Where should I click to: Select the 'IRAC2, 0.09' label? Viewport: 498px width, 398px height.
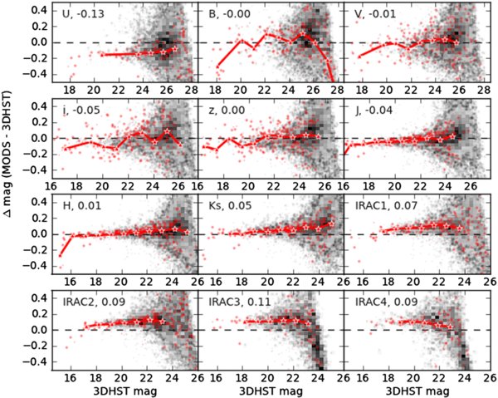tap(91, 304)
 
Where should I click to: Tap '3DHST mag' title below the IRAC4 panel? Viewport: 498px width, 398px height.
tap(413, 390)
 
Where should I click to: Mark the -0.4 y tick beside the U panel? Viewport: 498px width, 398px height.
tap(40, 74)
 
